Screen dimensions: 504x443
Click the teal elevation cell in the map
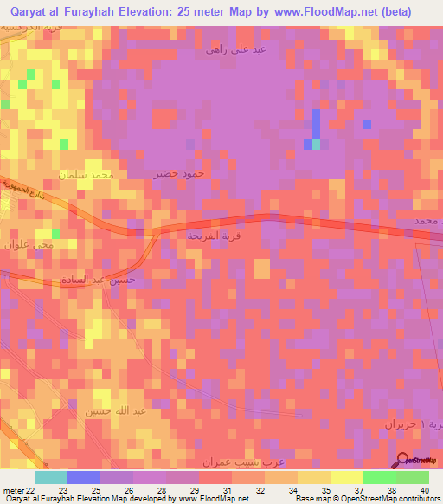click(316, 145)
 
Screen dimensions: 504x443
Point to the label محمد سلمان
click(87, 175)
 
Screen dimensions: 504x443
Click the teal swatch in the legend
click(50, 477)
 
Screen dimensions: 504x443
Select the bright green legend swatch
click(379, 477)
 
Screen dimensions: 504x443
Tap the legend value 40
click(423, 489)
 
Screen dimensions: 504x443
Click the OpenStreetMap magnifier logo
click(402, 460)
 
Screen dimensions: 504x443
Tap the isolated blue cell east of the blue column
click(367, 124)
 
